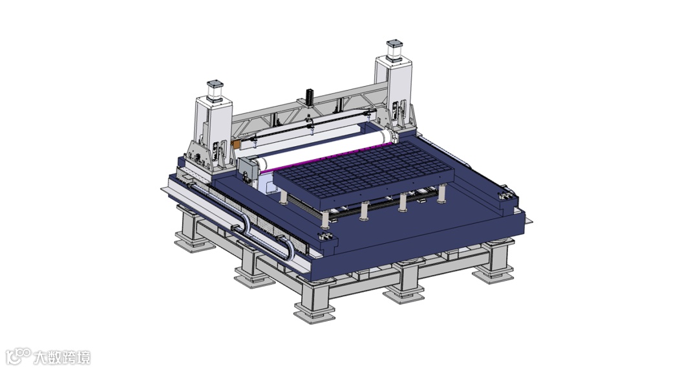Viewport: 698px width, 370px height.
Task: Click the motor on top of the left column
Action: tap(215, 91)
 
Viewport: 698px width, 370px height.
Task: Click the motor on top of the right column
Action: tap(394, 50)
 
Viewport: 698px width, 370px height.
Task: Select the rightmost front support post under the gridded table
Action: tap(441, 193)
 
